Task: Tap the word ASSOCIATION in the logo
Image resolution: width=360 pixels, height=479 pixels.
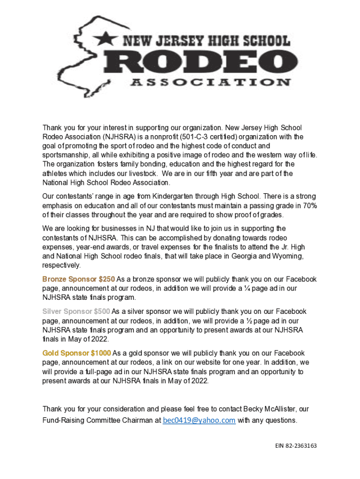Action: point(209,82)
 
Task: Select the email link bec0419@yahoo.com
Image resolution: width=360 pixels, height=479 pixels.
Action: point(199,420)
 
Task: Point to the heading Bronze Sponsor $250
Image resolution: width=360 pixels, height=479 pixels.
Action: point(79,279)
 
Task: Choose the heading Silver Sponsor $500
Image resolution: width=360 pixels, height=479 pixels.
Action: point(76,312)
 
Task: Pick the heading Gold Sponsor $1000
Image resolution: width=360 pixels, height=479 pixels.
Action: point(77,353)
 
